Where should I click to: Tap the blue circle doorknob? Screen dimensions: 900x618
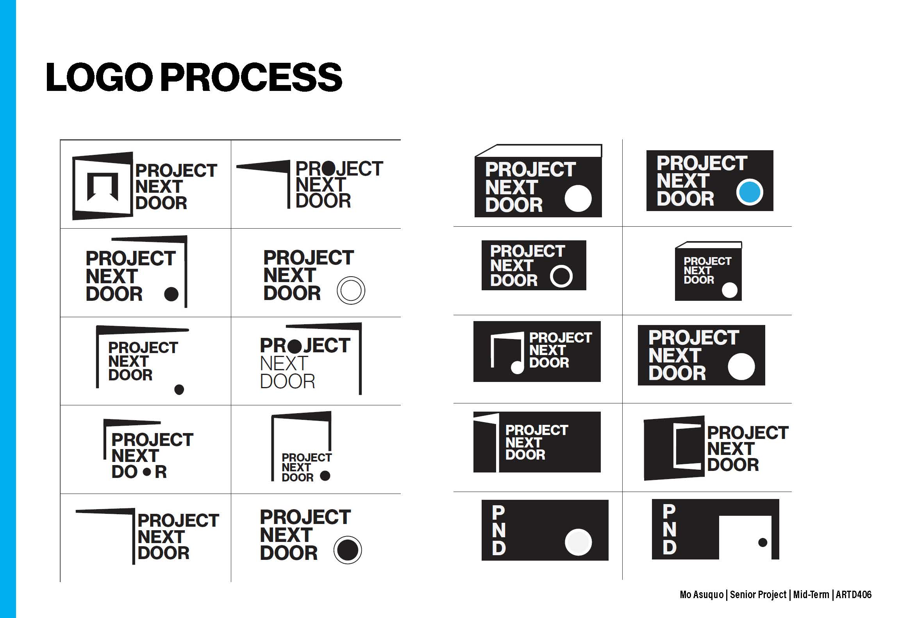[x=750, y=192]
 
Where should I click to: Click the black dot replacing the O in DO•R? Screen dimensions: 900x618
[x=147, y=472]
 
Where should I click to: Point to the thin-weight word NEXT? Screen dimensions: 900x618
[x=284, y=364]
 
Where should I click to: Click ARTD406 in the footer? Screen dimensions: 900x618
[x=854, y=595]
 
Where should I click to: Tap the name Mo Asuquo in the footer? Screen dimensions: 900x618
[x=702, y=595]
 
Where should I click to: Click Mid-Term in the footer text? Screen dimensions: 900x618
[x=811, y=595]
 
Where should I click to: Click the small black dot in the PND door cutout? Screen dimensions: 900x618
[x=762, y=542]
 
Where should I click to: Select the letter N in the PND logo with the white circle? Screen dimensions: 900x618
[x=499, y=530]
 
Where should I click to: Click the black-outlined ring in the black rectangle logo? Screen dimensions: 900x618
[x=561, y=276]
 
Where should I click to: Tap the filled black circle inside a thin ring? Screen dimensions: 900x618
[x=348, y=550]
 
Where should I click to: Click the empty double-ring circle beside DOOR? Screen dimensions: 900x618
[x=351, y=290]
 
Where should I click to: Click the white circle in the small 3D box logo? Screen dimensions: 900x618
[x=730, y=290]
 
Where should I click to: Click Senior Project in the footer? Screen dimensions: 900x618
[x=758, y=595]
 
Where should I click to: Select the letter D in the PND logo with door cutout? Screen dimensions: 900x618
[x=670, y=547]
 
